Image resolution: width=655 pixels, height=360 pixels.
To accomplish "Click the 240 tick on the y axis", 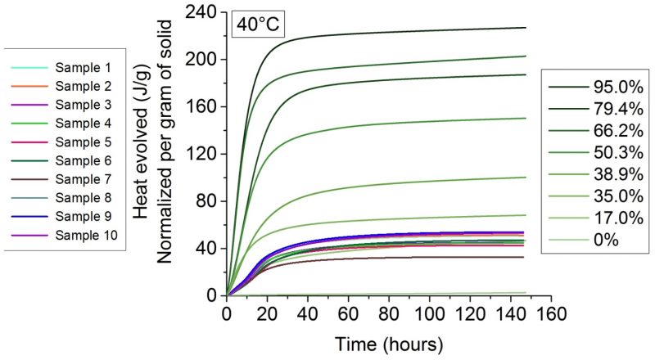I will click(203, 12).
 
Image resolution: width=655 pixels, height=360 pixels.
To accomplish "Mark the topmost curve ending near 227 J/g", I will click(409, 31).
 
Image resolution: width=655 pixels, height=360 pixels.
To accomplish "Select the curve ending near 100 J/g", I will click(409, 183).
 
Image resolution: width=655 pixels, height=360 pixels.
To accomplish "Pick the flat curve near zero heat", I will click(409, 293).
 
